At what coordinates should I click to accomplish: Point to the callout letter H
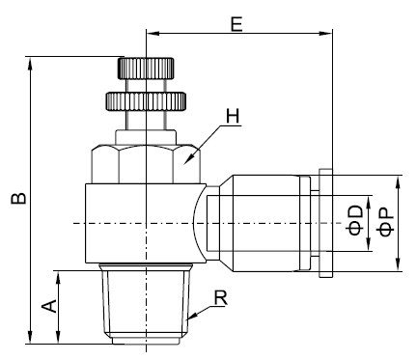coord(231,117)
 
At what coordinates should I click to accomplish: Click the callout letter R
coord(220,300)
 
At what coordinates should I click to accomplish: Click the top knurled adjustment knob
coord(144,69)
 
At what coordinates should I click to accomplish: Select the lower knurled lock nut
coord(144,99)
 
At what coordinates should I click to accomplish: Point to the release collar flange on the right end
coord(325,223)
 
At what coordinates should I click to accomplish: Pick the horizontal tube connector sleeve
coord(261,223)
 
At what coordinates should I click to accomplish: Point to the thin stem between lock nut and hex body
coord(144,131)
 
